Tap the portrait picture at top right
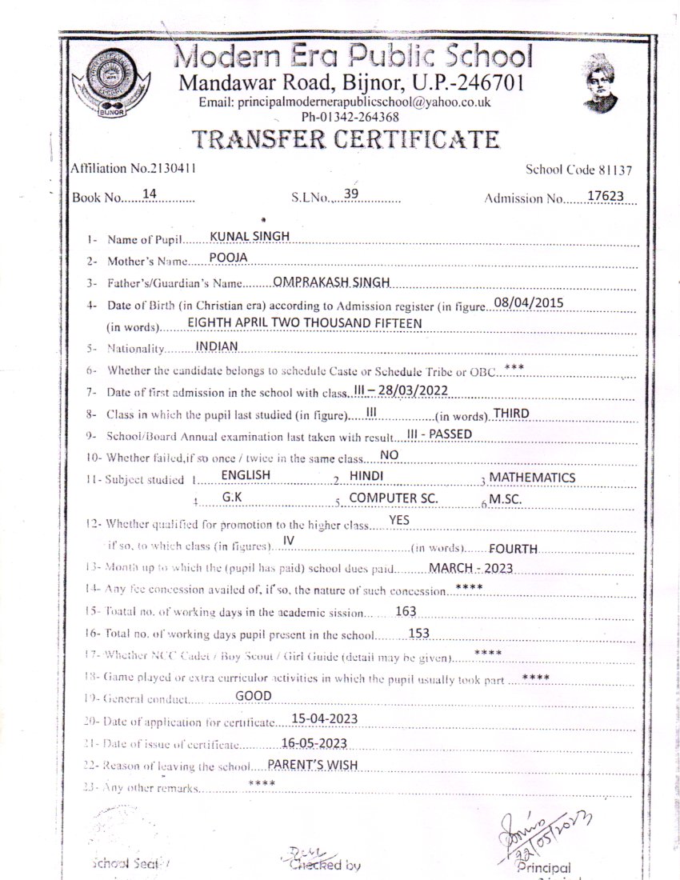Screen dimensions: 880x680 600,82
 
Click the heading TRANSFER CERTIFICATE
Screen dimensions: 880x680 346,139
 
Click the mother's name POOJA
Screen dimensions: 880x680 229,257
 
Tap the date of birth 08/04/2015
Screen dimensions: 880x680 530,302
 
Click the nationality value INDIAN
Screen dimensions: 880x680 217,346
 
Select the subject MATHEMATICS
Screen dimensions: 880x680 532,477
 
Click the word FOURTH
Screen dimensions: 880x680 513,549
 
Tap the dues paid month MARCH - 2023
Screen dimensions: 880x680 470,568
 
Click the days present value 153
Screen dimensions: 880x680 419,633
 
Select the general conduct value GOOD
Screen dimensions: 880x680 254,696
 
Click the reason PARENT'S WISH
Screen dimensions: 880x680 312,764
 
